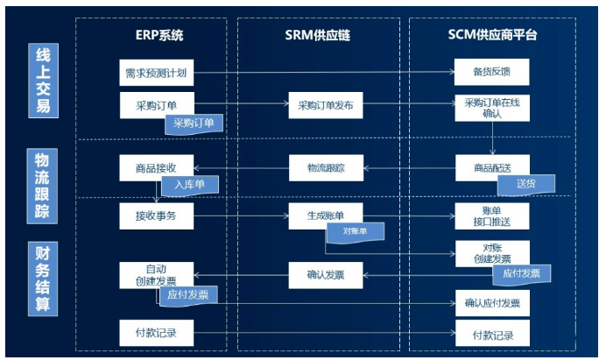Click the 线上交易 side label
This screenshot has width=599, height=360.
coord(40,81)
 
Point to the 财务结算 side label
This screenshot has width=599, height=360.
coord(40,279)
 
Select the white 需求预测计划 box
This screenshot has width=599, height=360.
coord(156,71)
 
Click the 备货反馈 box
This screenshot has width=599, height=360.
coord(491,71)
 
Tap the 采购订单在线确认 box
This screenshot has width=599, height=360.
coord(491,108)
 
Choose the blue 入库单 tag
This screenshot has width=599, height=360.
coord(188,185)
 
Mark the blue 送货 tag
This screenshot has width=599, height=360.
coord(525,184)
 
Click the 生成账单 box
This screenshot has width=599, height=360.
coord(325,215)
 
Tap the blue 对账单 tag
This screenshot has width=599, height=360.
coord(354,232)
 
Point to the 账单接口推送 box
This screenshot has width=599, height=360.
coord(491,215)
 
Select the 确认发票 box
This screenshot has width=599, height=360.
coord(325,275)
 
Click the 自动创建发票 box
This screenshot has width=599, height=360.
coord(156,274)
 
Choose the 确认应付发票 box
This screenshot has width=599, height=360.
coord(491,303)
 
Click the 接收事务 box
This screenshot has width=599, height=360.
coord(156,215)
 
